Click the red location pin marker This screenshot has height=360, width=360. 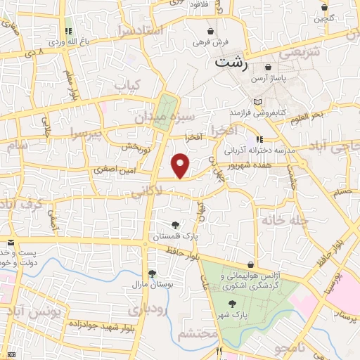[x=181, y=165]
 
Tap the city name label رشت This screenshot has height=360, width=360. [x=232, y=62]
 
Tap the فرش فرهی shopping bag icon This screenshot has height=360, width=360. [x=210, y=32]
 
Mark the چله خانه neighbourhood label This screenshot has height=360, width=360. [x=285, y=221]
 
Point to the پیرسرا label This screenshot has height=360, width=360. [x=86, y=134]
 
